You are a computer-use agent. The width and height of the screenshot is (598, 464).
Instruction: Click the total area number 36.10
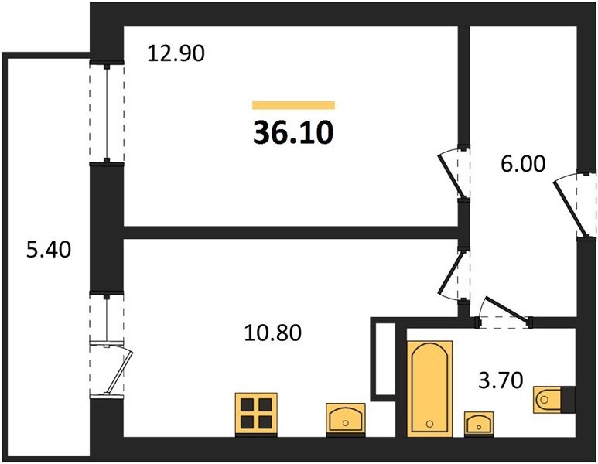click(293, 132)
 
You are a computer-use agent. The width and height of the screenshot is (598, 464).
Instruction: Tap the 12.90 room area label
click(176, 53)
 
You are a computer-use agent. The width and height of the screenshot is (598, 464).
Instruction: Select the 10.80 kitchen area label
click(272, 333)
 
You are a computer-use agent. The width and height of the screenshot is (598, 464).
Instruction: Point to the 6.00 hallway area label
click(523, 164)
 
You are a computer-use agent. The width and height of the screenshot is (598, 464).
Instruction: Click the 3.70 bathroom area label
click(501, 380)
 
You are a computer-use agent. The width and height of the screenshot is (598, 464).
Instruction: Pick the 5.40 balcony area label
click(49, 250)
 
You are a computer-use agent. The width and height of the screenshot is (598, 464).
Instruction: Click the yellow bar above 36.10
click(294, 105)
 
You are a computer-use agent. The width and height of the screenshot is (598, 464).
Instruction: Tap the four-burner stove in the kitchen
click(256, 415)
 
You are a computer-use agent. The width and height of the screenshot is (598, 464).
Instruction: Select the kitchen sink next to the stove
click(346, 418)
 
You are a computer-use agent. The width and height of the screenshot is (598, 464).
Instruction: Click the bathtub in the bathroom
click(429, 388)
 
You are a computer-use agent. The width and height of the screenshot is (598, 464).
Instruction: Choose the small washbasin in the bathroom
click(479, 422)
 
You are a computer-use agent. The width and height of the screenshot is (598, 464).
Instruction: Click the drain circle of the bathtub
click(429, 424)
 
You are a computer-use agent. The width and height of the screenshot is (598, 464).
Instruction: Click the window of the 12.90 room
click(108, 112)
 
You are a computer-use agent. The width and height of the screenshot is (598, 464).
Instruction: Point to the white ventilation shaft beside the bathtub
click(384, 359)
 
